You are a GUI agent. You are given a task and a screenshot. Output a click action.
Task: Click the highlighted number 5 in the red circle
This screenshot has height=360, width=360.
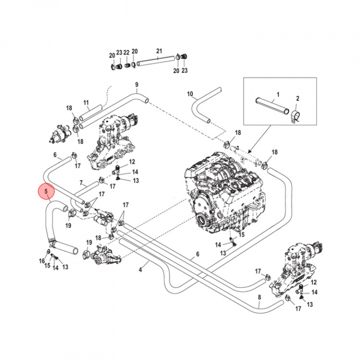point(46,191)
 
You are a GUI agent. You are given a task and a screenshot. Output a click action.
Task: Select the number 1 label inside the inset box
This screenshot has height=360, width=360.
point(278,94)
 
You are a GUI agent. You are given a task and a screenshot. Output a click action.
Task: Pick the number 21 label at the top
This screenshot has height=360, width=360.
point(159,51)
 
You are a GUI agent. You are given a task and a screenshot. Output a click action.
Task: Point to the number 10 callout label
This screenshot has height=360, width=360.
point(190,94)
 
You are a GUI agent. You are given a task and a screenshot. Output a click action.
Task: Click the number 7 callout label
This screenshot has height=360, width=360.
point(81,183)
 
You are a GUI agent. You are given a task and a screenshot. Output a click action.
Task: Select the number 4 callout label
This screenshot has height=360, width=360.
point(140,270)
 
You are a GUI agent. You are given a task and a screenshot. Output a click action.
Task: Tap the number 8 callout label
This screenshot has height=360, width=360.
point(259,298)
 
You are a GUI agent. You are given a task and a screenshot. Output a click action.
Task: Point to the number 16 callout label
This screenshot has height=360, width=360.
point(41,260)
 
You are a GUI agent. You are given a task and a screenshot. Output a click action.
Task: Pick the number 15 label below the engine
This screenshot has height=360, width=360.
point(241,235)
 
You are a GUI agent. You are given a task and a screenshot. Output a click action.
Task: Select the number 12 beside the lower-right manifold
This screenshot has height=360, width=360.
point(313,282)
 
